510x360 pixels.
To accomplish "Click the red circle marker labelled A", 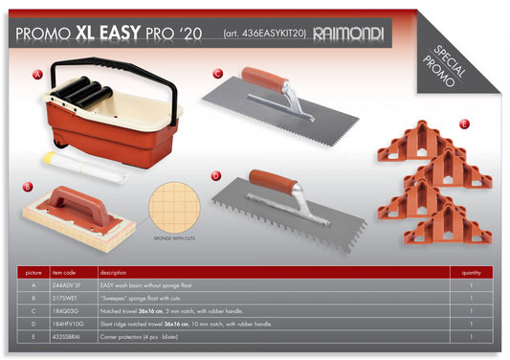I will (38, 74).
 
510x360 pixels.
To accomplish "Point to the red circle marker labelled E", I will (464, 124).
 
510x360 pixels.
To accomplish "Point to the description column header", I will (113, 271).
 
